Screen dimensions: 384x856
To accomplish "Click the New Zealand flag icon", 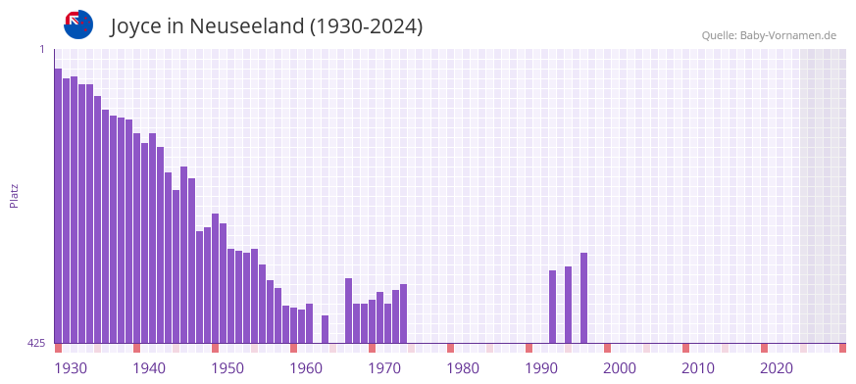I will (78, 24).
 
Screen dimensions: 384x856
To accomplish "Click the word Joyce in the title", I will (136, 26).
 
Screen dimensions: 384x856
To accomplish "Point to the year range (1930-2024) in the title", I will (366, 26).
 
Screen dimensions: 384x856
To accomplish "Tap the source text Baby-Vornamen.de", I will (788, 35).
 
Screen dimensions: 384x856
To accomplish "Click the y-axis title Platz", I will (14, 195).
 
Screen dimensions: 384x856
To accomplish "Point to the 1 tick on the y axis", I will (41, 49).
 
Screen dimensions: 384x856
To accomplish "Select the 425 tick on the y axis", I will (36, 343).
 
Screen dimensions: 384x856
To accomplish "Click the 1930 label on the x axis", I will (71, 368).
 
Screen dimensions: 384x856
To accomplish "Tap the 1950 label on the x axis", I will (227, 368).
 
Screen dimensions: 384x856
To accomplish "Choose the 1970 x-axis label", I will (384, 368).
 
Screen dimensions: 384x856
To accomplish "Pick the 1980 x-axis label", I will (463, 368).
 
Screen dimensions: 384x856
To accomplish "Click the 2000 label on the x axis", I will (620, 368).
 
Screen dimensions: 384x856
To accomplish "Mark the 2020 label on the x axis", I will (777, 368).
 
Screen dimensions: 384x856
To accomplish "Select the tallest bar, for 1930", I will (58, 206).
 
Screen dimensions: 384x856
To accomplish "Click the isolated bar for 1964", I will (325, 329).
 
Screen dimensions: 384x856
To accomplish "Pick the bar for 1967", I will (348, 311).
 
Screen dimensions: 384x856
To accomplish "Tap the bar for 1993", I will (552, 307).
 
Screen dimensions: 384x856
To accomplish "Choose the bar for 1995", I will (568, 305).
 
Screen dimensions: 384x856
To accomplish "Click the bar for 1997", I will (583, 298).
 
